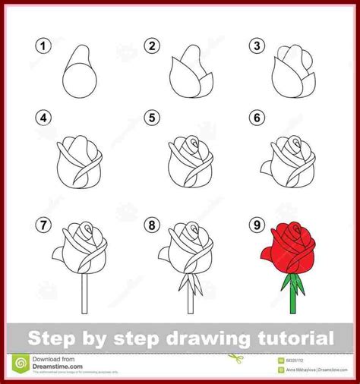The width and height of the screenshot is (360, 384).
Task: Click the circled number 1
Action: click(43, 46)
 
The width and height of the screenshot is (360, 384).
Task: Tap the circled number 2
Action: click(153, 46)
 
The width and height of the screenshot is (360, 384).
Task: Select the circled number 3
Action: click(257, 46)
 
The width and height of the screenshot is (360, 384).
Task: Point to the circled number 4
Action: click(43, 118)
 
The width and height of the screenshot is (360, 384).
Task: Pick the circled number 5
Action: click(153, 118)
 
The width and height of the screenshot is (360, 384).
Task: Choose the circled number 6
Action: click(257, 118)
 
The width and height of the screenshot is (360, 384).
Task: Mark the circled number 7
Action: click(43, 224)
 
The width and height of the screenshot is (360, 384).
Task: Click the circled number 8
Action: click(153, 224)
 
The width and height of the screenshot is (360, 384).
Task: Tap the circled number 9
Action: click(257, 224)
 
